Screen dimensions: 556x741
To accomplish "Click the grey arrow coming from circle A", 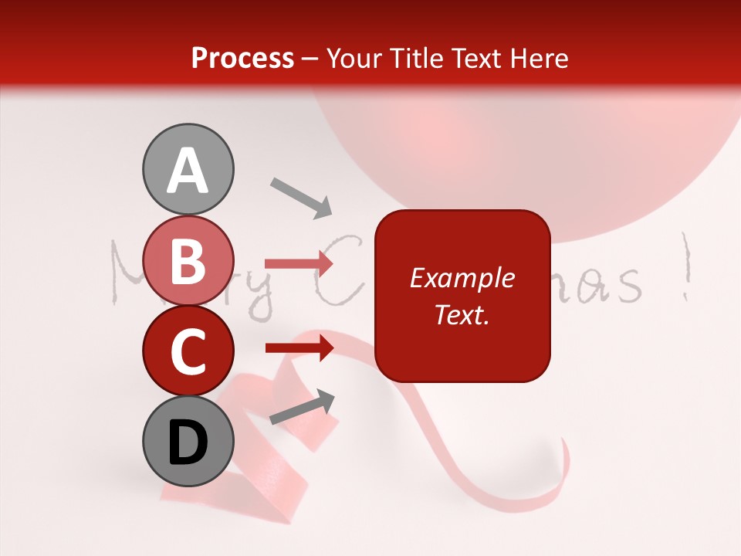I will (x=300, y=197).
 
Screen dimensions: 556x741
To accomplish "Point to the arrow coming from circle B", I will (x=299, y=264).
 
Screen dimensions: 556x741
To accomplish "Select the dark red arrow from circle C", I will (x=299, y=347).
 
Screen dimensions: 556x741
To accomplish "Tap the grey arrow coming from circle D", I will (x=302, y=408).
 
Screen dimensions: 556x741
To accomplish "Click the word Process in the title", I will (x=242, y=59).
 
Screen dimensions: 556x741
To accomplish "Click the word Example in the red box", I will (x=462, y=279).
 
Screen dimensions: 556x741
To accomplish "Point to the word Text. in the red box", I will (x=462, y=314).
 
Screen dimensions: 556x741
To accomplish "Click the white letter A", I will (x=188, y=171).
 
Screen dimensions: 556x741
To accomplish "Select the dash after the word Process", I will (x=310, y=59).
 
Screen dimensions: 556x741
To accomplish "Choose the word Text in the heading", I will (x=475, y=59).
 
